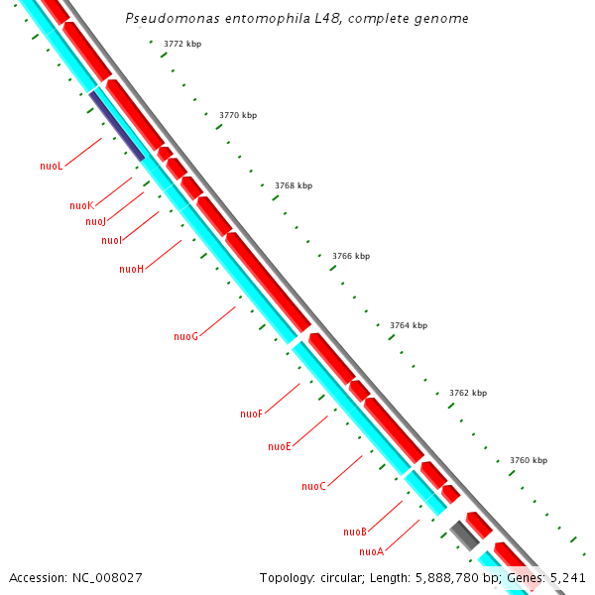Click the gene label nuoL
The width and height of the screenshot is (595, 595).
52,167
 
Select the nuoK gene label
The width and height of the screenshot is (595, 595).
81,206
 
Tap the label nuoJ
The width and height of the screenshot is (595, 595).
95,222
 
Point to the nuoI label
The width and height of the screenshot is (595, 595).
111,241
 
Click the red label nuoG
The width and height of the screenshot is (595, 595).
185,337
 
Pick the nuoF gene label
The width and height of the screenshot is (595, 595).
251,415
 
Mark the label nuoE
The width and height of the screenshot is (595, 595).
280,447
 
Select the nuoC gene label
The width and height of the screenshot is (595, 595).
313,487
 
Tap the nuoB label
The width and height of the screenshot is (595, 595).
355,533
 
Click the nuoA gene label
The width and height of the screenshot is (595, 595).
371,551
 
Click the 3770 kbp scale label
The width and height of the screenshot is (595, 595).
238,116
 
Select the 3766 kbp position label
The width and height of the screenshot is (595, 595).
351,256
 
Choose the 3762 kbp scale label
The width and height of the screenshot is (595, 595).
468,394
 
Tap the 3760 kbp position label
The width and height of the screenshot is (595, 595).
529,461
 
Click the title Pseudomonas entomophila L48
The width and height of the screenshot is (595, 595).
297,19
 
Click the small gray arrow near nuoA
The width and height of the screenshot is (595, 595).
464,535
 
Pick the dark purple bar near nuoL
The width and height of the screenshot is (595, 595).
117,125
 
